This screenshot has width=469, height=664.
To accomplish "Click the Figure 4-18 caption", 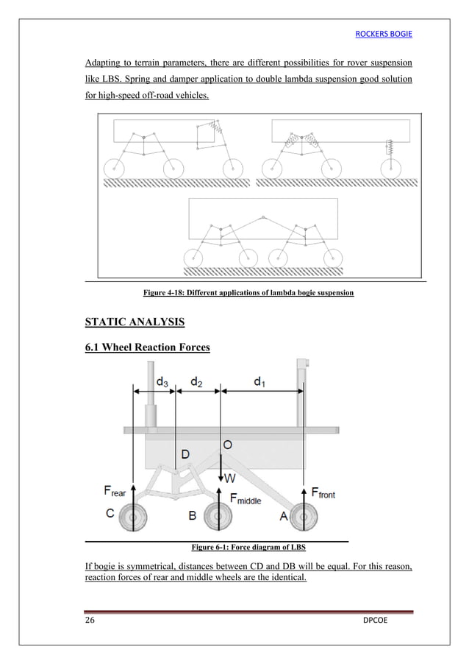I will pos(248,293).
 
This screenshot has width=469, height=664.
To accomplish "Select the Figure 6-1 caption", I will pos(248,548).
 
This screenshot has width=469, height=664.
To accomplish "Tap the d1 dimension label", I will pos(260,381).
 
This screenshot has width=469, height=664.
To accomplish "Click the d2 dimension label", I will pos(197,381).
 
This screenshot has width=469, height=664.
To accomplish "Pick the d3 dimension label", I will pos(163,381).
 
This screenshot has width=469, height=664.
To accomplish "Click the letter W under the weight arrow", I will pos(229,478).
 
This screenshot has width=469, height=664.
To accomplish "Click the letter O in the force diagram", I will pos(228,445).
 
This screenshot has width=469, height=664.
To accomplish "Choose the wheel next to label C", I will pos(132,518).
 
